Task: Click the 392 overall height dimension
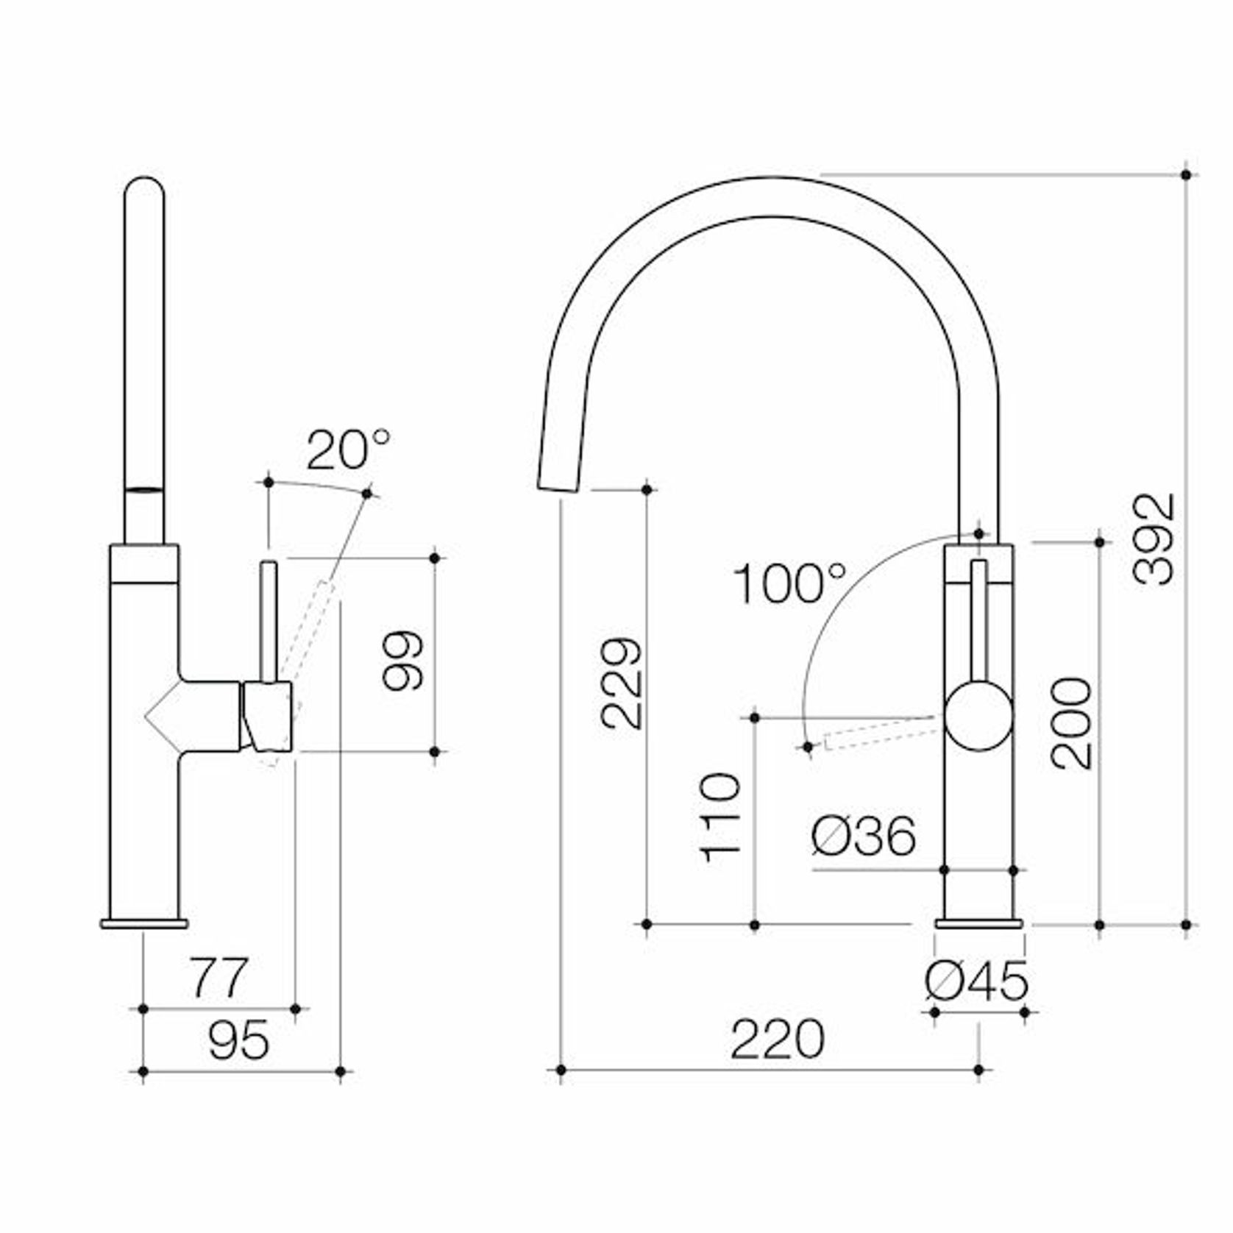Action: coord(1153,539)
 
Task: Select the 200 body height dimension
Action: coord(1071,723)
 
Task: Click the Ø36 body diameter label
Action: coord(864,836)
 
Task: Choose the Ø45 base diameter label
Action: coord(976,981)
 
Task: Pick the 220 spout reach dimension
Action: coord(777,1039)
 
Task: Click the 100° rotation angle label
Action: coord(789,583)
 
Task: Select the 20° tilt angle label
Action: coord(347,450)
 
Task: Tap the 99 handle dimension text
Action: coord(403,660)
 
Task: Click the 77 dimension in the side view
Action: coord(220,978)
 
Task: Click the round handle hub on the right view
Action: coord(978,716)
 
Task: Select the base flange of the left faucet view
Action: coord(144,923)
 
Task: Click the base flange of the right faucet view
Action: coord(978,923)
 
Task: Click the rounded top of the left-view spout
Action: coord(144,189)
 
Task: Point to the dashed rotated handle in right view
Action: coord(879,735)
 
